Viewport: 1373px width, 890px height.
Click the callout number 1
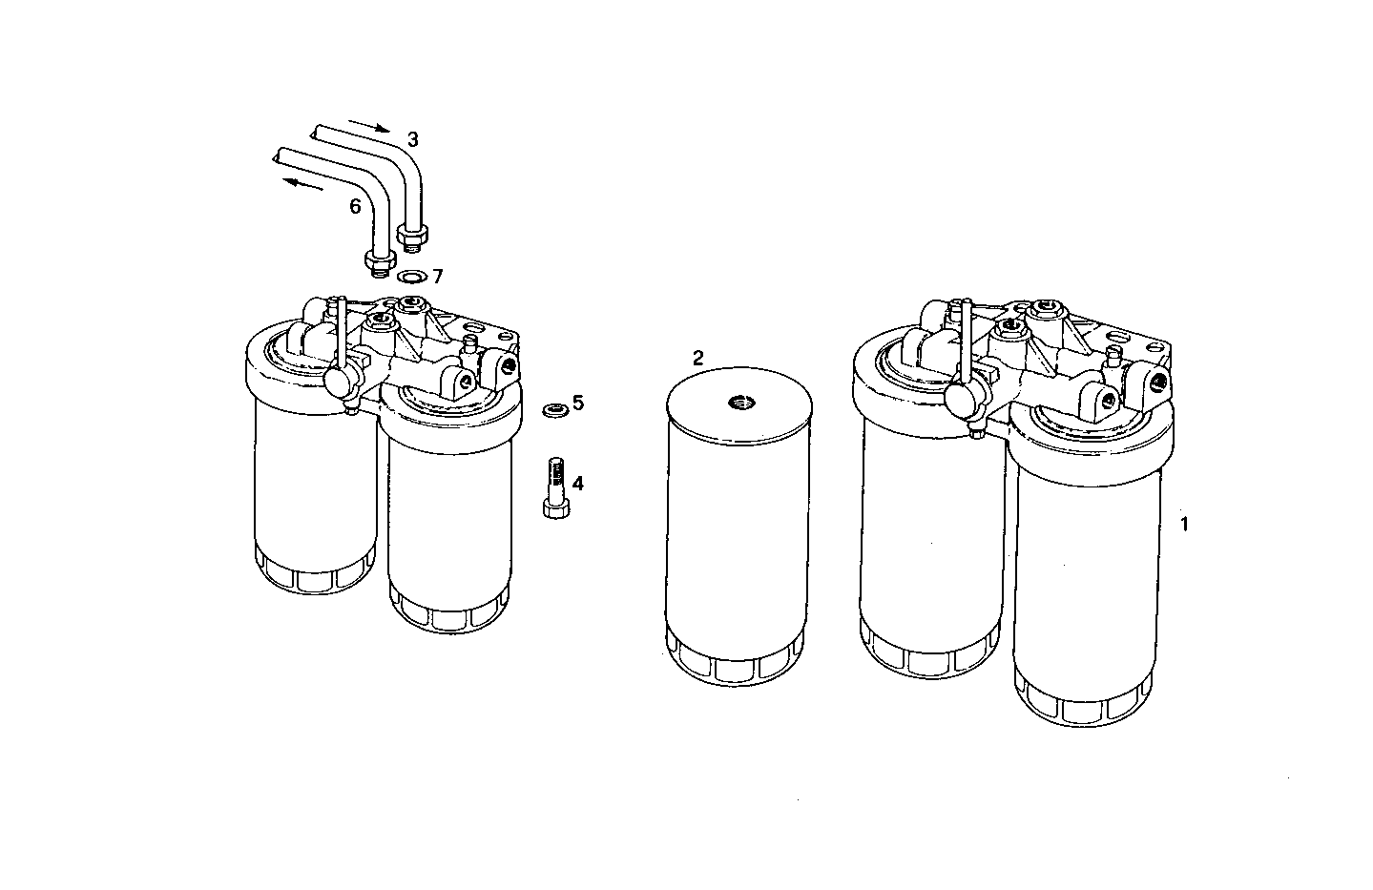1185,524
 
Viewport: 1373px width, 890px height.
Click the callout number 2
697,359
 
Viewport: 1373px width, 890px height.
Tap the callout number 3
412,139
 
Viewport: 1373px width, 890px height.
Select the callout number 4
577,483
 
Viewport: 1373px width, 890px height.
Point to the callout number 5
577,403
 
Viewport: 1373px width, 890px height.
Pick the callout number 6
355,205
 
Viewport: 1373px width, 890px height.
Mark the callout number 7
437,277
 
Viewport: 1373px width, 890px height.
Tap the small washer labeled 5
552,409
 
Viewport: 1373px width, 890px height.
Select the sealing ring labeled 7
412,278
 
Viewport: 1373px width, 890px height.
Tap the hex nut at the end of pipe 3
414,233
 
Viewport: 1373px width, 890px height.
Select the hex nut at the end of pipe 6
379,259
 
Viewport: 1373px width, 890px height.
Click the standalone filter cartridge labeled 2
738,534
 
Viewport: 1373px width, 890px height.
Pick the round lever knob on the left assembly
338,380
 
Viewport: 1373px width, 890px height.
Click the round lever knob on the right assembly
957,401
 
